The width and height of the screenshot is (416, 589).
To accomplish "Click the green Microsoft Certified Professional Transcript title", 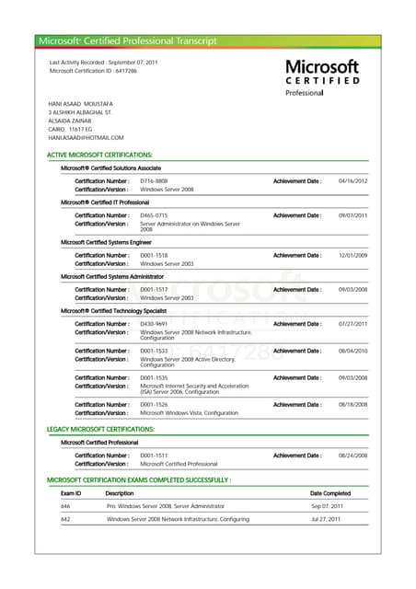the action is coord(127,41).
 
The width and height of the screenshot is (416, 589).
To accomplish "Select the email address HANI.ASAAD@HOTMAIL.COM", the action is coord(86,138).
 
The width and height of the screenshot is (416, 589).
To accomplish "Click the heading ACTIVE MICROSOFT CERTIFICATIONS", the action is coord(99,156).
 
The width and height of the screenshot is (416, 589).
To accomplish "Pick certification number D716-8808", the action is coord(154,181).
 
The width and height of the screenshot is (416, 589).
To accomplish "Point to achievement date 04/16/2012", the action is coord(352,181).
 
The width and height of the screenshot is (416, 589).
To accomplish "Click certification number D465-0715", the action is coord(154,215).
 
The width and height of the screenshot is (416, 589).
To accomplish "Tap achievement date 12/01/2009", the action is coord(352,255).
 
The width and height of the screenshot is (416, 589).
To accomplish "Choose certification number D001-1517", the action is coord(154,290).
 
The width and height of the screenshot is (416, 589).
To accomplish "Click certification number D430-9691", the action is coord(154,324).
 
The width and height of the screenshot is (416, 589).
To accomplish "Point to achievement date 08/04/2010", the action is coord(352,351).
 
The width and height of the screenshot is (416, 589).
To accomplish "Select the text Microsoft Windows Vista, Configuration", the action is coord(189,413).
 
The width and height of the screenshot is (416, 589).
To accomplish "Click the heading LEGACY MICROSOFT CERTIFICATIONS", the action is coord(100,430).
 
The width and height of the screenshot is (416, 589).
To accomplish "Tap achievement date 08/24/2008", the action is coord(352,456).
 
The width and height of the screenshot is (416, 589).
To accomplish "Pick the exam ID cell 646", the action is coord(65,506).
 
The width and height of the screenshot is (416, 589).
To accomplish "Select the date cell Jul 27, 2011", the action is coord(327,519).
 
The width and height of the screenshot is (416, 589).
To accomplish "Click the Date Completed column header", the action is coord(330,493).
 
